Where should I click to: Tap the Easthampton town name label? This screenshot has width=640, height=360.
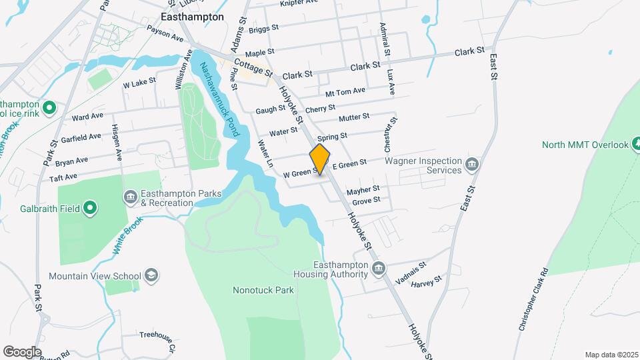(x=193, y=17)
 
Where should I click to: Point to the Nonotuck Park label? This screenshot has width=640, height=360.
(x=263, y=290)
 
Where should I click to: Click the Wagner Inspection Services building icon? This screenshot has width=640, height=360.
(x=472, y=164)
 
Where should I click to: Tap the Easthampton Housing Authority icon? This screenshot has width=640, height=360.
(x=379, y=269)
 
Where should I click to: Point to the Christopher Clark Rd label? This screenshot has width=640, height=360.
(x=533, y=300)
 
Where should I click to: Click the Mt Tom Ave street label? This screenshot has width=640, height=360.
(x=345, y=91)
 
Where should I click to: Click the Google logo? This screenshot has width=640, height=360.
(x=22, y=351)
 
